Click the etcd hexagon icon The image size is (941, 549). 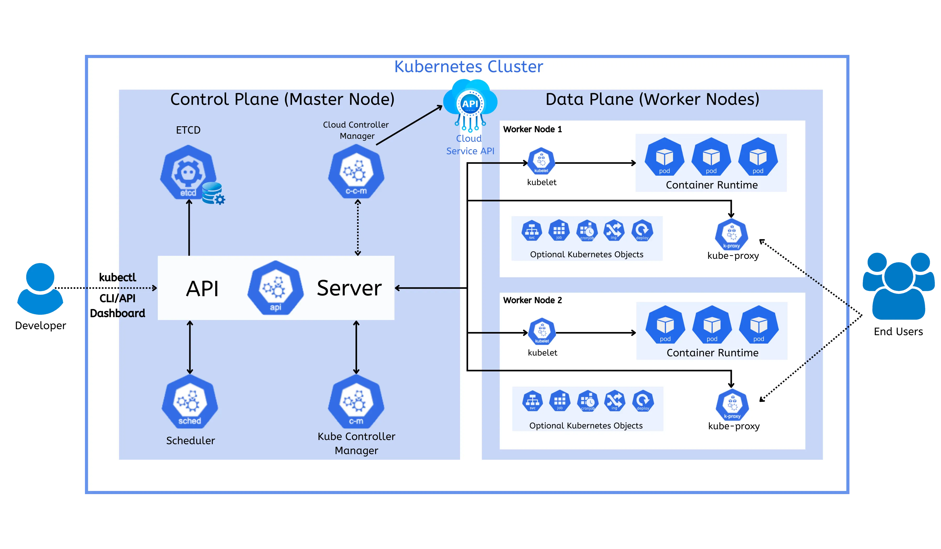point(188,173)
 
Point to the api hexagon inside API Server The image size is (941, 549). point(276,288)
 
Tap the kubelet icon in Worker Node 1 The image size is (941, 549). point(541,161)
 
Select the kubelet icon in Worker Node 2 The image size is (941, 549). point(542,332)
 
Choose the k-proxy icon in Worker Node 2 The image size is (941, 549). point(732,405)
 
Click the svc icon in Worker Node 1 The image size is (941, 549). point(532,230)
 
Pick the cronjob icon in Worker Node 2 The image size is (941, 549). point(588,401)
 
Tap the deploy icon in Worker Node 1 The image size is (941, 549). point(642,230)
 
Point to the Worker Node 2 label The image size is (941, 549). point(532,300)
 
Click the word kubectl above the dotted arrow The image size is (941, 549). point(117,277)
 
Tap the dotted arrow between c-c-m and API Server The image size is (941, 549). point(358,228)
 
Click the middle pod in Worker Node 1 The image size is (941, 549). point(711,158)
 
